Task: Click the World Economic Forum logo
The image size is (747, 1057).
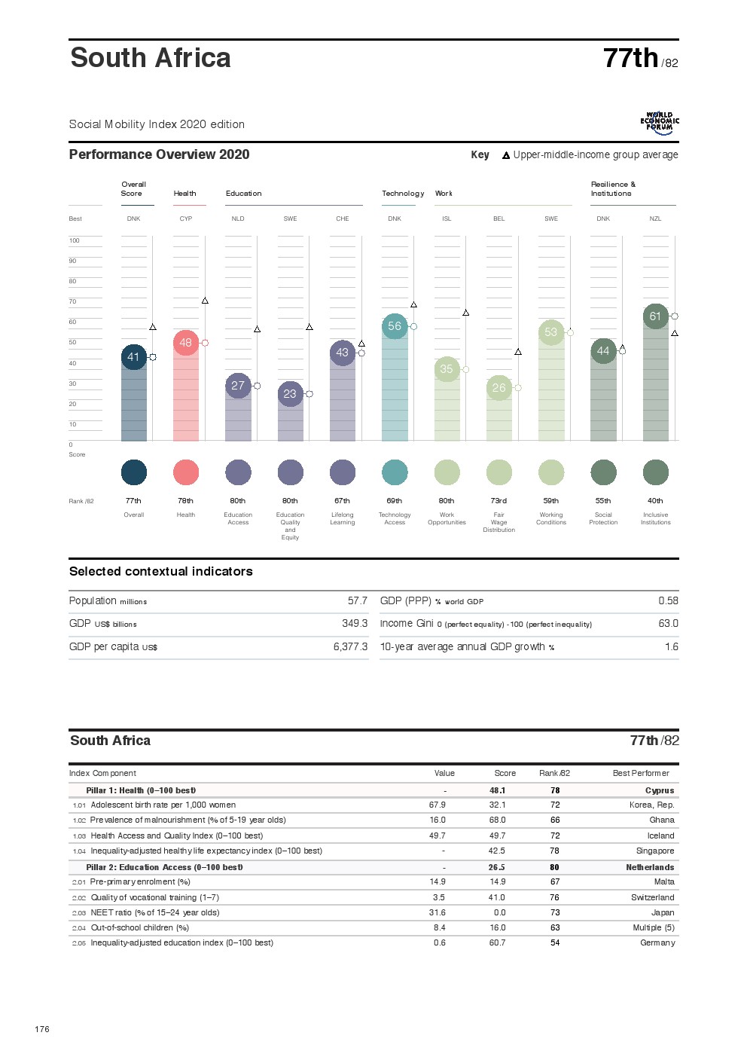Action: (x=660, y=123)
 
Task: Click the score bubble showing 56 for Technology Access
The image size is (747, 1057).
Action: (x=395, y=326)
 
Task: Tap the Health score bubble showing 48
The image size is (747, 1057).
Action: (x=186, y=343)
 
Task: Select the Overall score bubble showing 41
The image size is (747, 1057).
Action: (x=133, y=357)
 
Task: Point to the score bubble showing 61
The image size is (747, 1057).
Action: (x=655, y=316)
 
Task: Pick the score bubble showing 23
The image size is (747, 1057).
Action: (x=290, y=394)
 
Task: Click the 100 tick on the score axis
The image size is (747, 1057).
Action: (x=74, y=241)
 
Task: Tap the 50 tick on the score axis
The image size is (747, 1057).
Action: (x=73, y=343)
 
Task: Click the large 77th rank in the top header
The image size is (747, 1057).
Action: (x=631, y=59)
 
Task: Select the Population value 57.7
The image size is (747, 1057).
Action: (x=358, y=601)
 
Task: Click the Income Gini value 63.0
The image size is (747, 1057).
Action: (x=668, y=624)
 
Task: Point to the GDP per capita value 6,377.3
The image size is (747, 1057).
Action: (x=350, y=647)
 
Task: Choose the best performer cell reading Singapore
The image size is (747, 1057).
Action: (x=655, y=851)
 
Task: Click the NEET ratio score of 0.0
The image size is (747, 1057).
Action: (x=499, y=913)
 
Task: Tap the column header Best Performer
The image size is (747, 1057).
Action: (x=641, y=774)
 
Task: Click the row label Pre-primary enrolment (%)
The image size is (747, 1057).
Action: (x=140, y=882)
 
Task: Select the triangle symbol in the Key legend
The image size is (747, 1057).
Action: (x=506, y=156)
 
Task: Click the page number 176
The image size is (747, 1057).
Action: (x=42, y=1029)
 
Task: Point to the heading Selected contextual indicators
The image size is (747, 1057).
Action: (x=161, y=572)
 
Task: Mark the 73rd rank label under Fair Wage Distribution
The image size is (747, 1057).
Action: (x=499, y=501)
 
